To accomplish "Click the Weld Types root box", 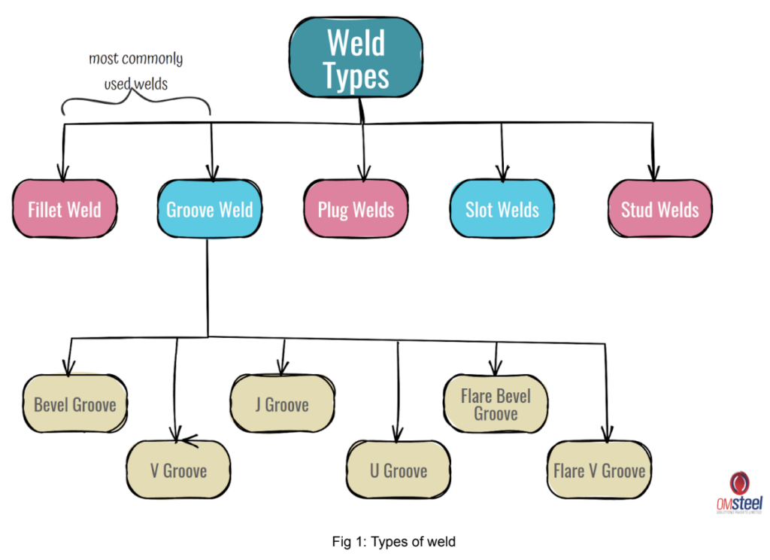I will (356, 58).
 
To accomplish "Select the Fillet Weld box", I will (65, 209).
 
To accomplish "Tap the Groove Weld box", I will (209, 209).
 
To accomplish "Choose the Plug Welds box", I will (356, 209).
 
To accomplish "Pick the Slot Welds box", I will (502, 209).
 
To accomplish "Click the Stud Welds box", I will (659, 209).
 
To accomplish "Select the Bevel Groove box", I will (74, 405).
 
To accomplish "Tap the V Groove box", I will (178, 471).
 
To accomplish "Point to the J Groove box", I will (282, 405).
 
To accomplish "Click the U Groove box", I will (399, 471).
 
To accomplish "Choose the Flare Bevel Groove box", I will (496, 405).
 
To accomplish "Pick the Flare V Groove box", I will (599, 471).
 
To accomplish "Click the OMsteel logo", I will (739, 494).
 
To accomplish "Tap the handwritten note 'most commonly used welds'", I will (136, 71).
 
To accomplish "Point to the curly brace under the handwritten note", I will (136, 102).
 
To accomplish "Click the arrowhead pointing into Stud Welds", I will (653, 174).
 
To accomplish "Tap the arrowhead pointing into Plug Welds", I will (364, 174).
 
